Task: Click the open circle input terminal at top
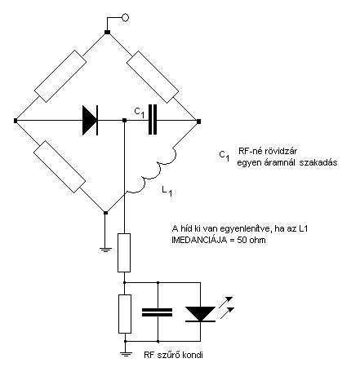(125, 18)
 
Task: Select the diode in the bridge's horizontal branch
(90, 121)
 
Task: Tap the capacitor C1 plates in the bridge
(153, 120)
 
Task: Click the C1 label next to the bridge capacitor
(140, 113)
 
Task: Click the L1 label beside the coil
(167, 192)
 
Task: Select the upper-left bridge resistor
(60, 76)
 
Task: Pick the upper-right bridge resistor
(153, 77)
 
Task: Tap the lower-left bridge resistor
(60, 166)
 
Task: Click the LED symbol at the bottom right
(201, 314)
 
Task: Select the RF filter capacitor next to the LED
(158, 312)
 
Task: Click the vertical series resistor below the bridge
(124, 253)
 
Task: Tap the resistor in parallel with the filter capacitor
(125, 314)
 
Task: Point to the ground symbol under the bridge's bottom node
(106, 250)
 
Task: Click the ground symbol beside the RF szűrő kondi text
(126, 354)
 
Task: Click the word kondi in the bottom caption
(193, 355)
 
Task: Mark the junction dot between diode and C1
(124, 121)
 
